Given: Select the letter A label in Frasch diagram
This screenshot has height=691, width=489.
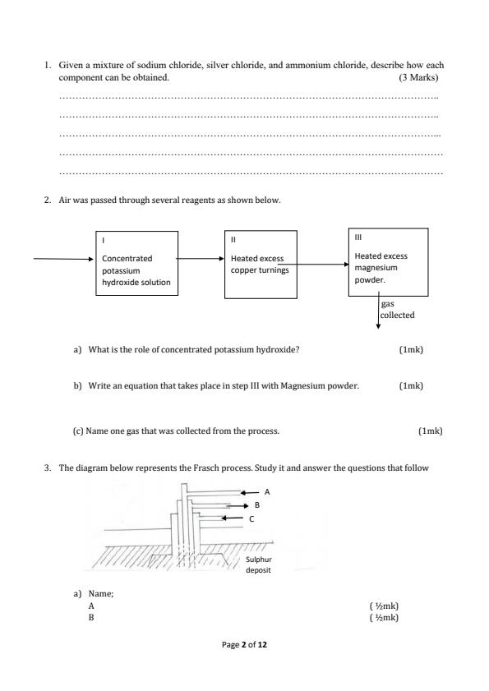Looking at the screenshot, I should [266, 491].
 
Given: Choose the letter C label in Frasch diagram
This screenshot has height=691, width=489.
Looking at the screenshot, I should [251, 518].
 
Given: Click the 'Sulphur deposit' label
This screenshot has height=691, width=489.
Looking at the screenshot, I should [259, 564].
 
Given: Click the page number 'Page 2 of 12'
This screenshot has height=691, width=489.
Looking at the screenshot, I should [244, 646].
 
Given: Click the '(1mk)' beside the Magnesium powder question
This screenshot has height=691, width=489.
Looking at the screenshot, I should [411, 385].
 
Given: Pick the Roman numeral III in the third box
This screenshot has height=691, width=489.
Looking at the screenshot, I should [358, 237].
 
